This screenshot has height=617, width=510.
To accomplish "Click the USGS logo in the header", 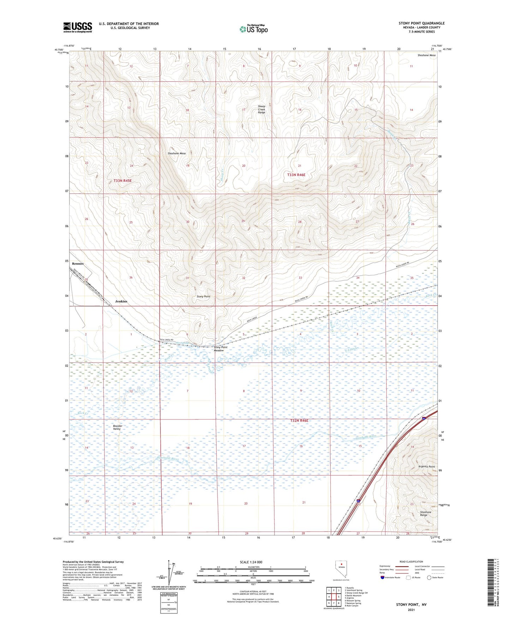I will tap(78, 27).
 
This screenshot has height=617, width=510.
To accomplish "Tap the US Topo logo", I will tap(253, 29).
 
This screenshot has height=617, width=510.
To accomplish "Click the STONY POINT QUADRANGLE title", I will tap(421, 23).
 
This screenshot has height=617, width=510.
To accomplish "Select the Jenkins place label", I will tap(121, 301).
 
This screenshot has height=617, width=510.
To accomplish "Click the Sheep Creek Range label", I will tap(262, 109).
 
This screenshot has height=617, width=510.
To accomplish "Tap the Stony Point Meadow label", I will tap(221, 349).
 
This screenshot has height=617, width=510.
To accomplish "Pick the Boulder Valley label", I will tap(118, 427).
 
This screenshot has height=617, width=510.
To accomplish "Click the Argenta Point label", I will tap(427, 466).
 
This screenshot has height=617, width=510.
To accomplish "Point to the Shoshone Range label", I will tap(426, 513).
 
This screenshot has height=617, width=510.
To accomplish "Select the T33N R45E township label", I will tap(122, 181).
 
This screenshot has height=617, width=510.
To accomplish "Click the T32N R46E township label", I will tap(299, 421).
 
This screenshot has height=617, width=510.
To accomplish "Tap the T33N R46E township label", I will tap(296, 175).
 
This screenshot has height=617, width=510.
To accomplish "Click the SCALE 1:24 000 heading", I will tap(251, 562).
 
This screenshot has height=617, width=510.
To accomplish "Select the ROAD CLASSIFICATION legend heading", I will tap(411, 562).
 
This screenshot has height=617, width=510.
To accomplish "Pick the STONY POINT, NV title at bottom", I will tap(411, 605).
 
